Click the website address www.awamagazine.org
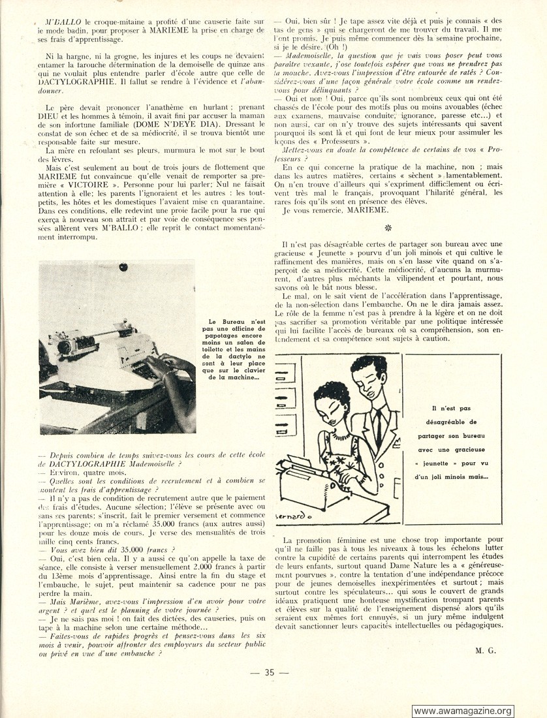point(463,711)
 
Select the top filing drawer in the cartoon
point(290,369)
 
